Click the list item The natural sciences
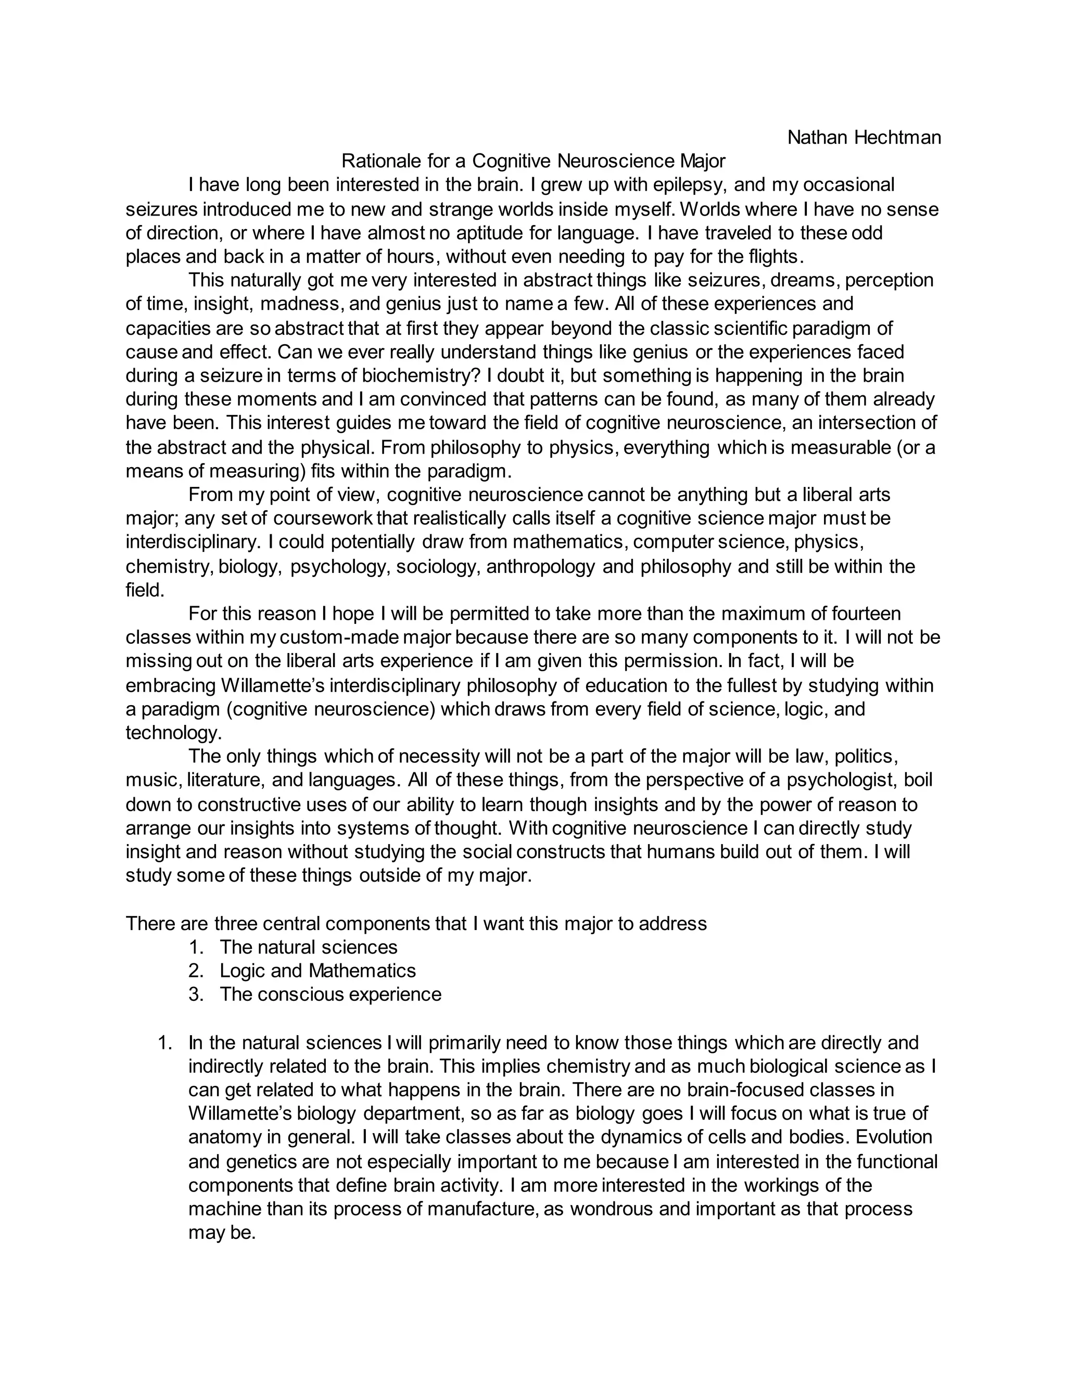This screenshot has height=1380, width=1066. (308, 947)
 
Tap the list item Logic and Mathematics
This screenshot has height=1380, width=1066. (317, 971)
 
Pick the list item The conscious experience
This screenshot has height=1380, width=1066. (331, 995)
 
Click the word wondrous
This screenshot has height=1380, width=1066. (611, 1209)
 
